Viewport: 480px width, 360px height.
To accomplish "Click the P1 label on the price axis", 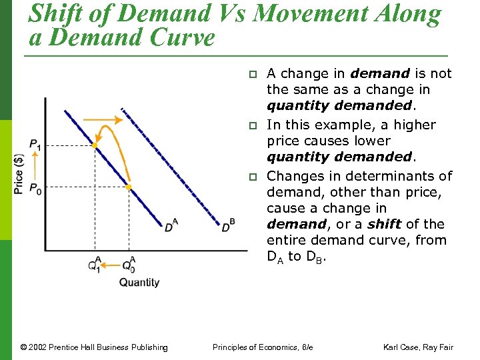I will (x=34, y=145).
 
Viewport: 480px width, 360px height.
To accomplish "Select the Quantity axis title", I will (x=139, y=282).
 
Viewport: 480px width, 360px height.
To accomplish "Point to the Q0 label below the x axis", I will (x=128, y=265).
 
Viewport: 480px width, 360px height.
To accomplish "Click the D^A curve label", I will (x=171, y=225).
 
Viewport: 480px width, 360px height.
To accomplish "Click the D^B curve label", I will (x=228, y=225).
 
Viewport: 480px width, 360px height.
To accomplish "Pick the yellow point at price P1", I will (x=95, y=145).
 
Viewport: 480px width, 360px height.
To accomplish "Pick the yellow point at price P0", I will (x=129, y=187).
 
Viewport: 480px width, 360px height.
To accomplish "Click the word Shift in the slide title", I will (x=57, y=14).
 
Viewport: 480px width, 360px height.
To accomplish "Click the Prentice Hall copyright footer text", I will (x=94, y=347).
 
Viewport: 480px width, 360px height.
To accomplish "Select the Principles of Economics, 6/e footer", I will (x=263, y=347).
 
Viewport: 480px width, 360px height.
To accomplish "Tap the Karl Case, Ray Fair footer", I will (x=418, y=347).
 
